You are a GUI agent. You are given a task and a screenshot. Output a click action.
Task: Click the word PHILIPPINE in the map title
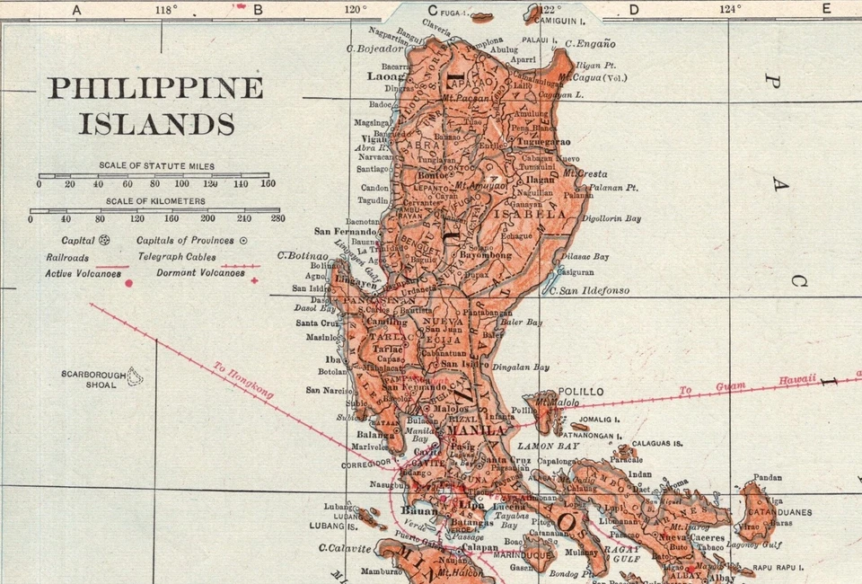(154, 88)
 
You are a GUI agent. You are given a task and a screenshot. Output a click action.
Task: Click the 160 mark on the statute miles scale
(268, 184)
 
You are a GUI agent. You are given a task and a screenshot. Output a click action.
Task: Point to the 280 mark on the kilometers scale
(277, 218)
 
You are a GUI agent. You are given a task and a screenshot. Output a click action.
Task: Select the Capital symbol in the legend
(104, 241)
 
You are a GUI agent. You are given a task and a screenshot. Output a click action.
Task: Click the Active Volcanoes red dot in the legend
(128, 283)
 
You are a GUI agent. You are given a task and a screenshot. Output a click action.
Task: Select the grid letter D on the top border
(633, 10)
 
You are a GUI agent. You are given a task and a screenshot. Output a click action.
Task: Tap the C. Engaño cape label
(590, 42)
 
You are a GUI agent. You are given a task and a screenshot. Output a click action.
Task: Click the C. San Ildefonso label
(589, 291)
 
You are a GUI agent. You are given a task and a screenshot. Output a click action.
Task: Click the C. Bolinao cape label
(304, 254)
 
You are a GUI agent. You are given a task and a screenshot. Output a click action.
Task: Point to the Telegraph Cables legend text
(178, 256)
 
